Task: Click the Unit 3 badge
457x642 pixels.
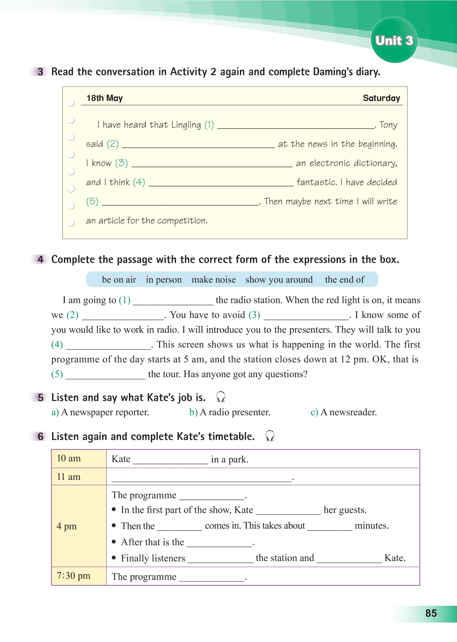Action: point(394,40)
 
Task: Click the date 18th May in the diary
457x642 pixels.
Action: point(105,98)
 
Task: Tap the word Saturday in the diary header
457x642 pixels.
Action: point(381,98)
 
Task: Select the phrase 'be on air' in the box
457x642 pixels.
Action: point(119,280)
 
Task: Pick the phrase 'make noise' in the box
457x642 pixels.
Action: point(213,280)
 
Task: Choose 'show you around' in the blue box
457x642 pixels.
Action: point(279,280)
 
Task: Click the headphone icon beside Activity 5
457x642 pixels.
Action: point(221,397)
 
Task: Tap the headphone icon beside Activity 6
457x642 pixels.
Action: point(270,436)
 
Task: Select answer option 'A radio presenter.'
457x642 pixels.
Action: point(230,412)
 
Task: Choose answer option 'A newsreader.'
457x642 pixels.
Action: point(344,412)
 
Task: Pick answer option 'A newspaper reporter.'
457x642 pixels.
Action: point(100,412)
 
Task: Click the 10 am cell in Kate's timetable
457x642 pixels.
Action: point(79,459)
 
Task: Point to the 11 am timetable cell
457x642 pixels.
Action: point(79,477)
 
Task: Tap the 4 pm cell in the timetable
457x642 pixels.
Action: point(79,526)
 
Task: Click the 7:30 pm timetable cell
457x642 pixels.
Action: point(79,576)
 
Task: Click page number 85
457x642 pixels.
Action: point(431,613)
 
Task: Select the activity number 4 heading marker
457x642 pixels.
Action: point(40,259)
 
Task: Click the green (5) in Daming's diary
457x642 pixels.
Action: point(92,201)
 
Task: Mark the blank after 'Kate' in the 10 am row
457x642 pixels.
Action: point(170,460)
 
